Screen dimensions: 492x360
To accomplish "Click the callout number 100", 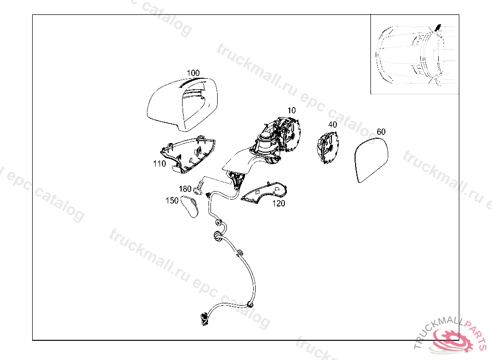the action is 193,73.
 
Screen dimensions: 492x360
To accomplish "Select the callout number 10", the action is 292,110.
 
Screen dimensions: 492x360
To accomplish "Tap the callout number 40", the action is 332,124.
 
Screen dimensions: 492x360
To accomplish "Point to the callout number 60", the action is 381,132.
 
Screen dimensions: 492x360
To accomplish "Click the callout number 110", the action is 160,164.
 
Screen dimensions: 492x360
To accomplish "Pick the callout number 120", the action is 279,204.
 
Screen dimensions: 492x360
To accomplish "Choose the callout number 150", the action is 172,201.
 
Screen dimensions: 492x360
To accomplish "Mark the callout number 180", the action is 185,189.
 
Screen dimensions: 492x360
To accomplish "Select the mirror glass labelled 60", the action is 372,160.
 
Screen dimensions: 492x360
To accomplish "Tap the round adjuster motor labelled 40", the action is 328,147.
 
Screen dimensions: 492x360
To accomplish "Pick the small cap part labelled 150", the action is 190,206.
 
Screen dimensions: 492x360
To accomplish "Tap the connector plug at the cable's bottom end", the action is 205,319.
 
